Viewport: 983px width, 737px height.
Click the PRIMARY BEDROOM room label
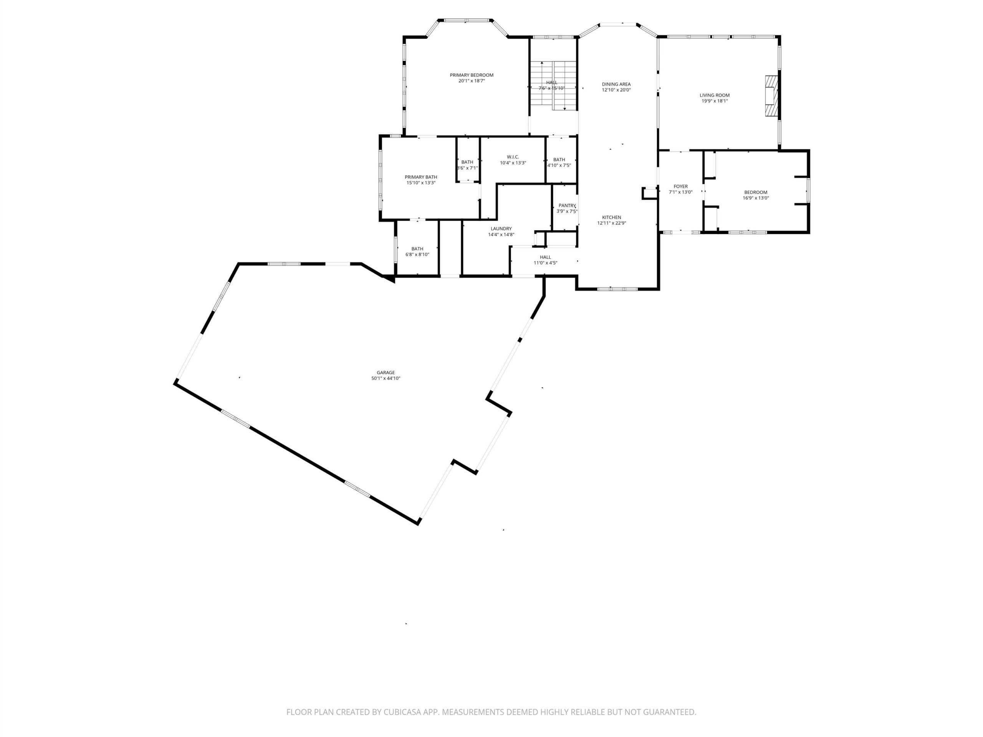[472, 75]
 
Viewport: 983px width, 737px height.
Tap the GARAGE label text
[386, 373]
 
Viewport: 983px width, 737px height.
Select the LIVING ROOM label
[715, 95]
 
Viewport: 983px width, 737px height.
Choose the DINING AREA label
[616, 84]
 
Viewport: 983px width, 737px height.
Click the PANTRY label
[567, 205]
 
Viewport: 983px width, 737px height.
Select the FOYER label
[681, 187]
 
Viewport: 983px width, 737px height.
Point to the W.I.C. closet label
[513, 157]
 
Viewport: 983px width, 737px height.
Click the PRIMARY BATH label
[421, 177]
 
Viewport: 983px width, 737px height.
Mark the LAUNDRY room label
[501, 229]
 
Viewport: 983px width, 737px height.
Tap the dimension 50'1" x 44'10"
[386, 378]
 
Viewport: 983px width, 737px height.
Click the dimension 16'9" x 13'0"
[756, 198]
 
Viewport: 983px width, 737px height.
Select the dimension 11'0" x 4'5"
[545, 263]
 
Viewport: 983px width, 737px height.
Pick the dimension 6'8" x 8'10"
[417, 254]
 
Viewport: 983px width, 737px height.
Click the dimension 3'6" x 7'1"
[468, 168]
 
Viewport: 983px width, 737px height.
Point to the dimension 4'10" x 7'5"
[559, 165]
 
